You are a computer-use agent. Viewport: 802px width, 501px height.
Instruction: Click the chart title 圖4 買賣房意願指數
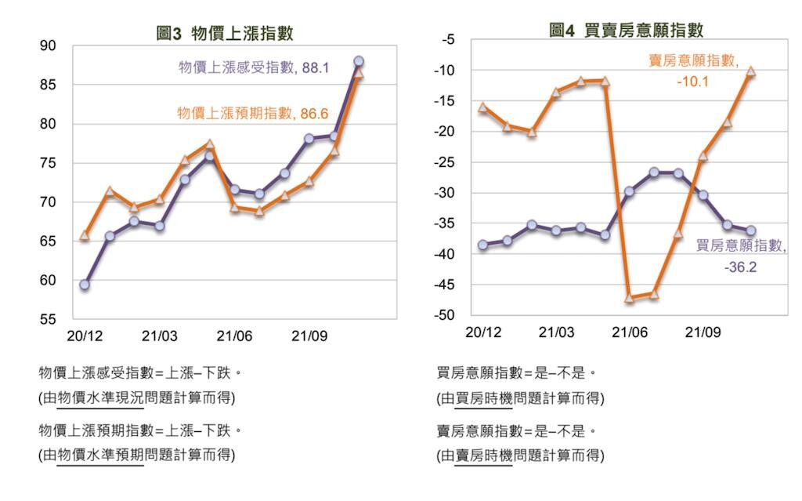(626, 31)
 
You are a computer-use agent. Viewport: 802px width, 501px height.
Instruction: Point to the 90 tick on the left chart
(49, 46)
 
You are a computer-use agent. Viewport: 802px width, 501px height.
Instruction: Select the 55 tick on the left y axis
(49, 320)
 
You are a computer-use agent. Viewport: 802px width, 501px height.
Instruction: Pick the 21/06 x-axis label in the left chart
(233, 336)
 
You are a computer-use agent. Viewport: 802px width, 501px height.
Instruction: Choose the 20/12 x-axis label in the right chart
(482, 332)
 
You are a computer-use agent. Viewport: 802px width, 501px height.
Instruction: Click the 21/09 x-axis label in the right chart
(703, 332)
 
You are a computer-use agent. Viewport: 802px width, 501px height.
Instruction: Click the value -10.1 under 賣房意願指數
(692, 80)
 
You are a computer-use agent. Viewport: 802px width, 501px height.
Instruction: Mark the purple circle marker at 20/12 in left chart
(85, 285)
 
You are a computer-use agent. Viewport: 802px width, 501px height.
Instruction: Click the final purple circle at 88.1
(358, 61)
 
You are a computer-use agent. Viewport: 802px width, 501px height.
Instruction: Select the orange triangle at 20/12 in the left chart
(85, 235)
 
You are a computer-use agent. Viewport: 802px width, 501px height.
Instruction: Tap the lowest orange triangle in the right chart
(629, 298)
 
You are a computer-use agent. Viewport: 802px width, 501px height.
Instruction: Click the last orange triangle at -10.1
(750, 71)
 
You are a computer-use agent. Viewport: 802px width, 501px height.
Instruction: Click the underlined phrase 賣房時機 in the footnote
(483, 455)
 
